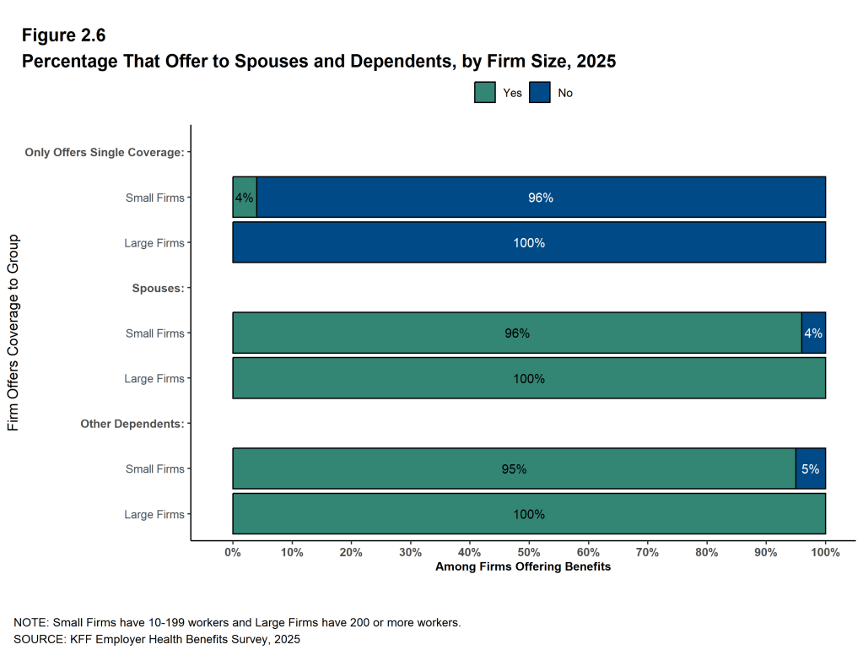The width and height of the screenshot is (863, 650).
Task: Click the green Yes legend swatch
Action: (x=485, y=93)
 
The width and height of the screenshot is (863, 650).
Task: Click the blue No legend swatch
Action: (x=540, y=93)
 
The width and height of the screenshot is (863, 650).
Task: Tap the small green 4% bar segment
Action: (x=245, y=198)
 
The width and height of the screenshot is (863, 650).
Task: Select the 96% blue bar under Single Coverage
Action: (x=540, y=198)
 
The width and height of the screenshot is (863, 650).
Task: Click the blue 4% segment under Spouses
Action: (x=813, y=333)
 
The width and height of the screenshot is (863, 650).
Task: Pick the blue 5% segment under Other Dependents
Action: (x=810, y=469)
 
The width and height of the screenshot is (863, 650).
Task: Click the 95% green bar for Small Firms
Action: (x=514, y=469)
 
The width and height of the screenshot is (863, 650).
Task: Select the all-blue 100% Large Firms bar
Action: (x=529, y=243)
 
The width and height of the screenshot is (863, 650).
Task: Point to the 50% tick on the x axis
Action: (x=529, y=552)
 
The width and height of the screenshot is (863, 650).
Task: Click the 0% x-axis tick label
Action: (x=233, y=552)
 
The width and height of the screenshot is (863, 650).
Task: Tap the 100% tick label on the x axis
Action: (x=825, y=552)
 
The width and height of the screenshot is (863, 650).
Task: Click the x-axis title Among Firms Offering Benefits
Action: (x=523, y=567)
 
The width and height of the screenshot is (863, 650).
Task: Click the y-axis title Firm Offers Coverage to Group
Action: (x=13, y=333)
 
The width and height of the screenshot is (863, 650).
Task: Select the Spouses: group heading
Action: (x=158, y=288)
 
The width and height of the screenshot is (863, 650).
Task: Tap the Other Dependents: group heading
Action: (x=132, y=424)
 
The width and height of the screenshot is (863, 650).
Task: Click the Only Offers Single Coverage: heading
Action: (x=105, y=153)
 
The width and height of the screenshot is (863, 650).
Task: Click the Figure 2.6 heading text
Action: (x=63, y=35)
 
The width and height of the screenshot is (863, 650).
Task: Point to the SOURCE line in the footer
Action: (x=157, y=639)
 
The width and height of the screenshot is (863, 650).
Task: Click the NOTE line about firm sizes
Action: (x=236, y=622)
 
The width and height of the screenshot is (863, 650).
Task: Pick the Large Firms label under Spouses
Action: (x=154, y=379)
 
